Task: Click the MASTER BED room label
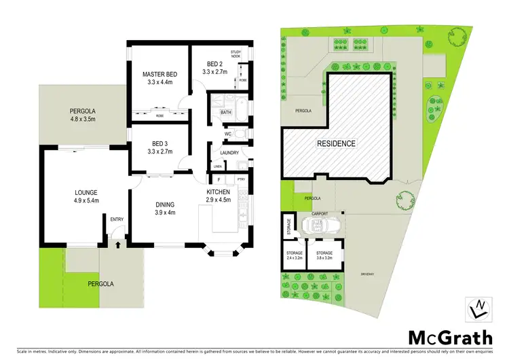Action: (159, 74)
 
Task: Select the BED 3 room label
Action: (159, 143)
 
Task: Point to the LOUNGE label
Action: (87, 192)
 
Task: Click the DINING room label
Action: (165, 204)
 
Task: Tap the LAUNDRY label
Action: (229, 153)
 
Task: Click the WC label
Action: (228, 134)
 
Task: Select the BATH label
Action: (225, 113)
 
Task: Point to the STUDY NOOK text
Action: (236, 54)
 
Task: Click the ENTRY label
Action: (117, 219)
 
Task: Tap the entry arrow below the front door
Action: (117, 243)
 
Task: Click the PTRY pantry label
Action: (240, 179)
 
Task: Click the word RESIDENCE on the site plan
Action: (336, 144)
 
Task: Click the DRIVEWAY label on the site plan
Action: (367, 274)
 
